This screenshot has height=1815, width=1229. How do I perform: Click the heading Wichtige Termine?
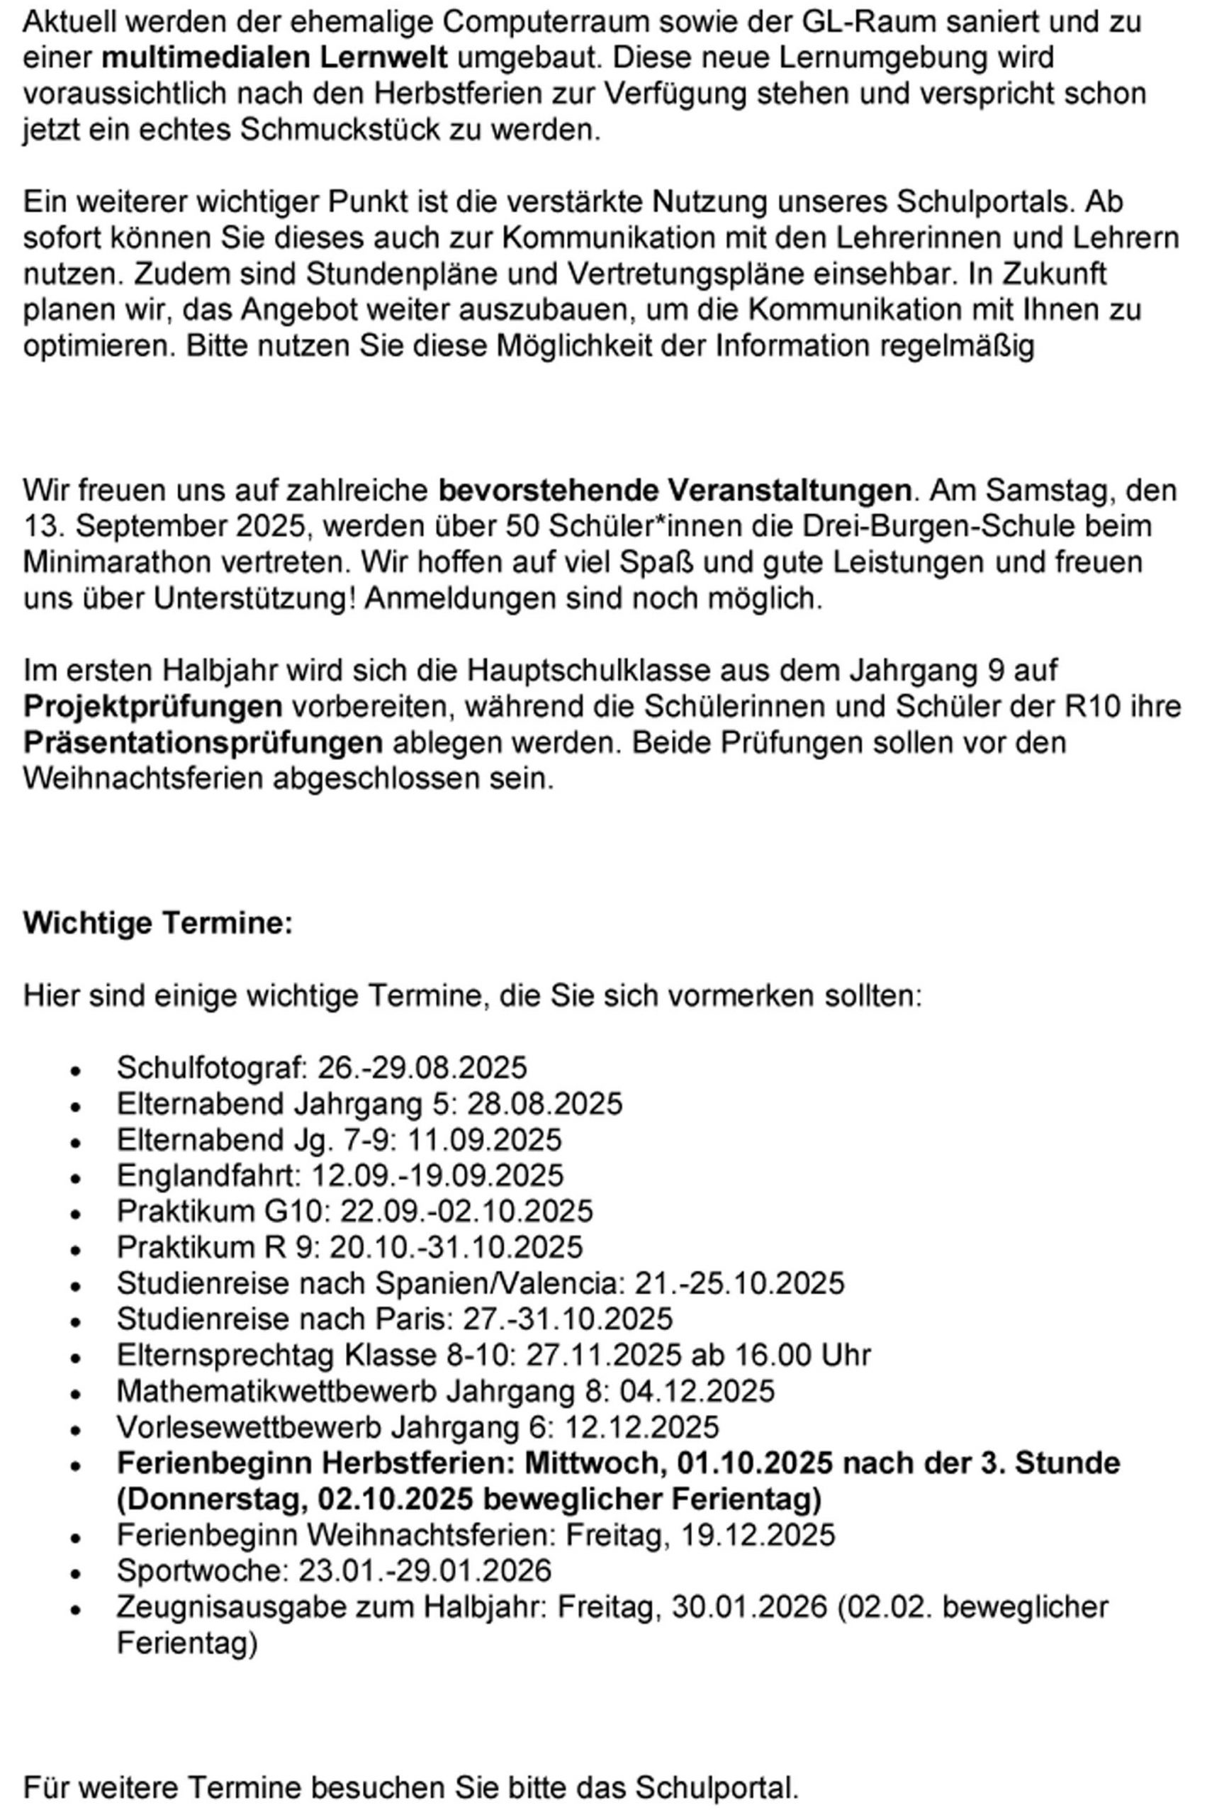(158, 922)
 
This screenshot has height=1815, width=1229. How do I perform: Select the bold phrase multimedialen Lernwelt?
(275, 57)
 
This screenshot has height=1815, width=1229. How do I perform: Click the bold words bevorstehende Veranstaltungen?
(674, 490)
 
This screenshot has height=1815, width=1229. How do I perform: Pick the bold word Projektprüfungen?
(153, 706)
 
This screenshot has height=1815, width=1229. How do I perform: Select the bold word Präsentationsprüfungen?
(203, 742)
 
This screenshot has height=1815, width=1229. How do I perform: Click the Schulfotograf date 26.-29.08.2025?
(422, 1067)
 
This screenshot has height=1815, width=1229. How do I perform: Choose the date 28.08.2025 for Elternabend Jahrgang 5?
(544, 1102)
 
